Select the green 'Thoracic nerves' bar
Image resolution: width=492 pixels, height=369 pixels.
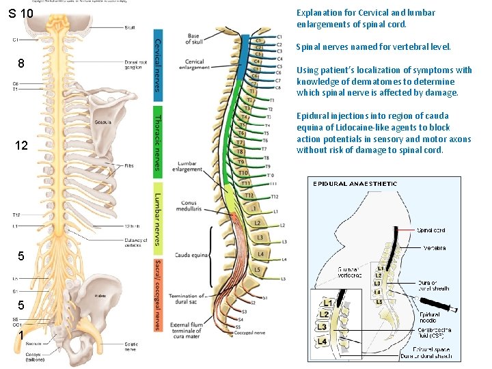[x=158, y=141]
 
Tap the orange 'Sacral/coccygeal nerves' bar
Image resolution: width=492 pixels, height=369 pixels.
[x=158, y=295]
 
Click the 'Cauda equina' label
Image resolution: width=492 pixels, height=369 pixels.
[x=191, y=255]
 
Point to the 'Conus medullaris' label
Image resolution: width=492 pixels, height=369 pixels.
[x=189, y=206]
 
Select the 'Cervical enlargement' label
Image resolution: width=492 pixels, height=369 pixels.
[x=194, y=64]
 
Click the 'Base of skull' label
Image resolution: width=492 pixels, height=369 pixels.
[x=194, y=38]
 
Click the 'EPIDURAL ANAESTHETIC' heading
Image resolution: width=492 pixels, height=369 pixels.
[x=355, y=183]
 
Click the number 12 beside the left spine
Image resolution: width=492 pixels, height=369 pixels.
[x=21, y=146]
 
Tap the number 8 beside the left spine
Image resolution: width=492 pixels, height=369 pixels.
[x=21, y=64]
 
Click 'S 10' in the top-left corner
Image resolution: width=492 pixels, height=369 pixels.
[x=20, y=14]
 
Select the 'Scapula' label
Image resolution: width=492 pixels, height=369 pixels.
[x=104, y=123]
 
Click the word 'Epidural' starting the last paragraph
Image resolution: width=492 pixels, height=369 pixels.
[x=311, y=115]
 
